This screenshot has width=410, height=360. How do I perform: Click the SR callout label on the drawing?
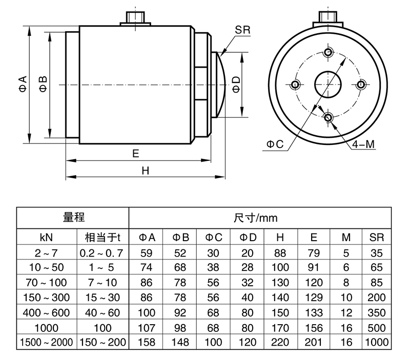point(242,29)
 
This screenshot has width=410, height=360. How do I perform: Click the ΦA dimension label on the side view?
point(23,84)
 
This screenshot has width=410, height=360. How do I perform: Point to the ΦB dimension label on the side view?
point(44,84)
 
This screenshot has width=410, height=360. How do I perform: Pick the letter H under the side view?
point(145,171)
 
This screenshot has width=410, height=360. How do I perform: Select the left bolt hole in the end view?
point(295,84)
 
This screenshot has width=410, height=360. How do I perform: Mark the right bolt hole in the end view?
point(361,84)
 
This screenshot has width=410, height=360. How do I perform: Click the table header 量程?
point(73,218)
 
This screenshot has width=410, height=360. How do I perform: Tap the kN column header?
point(47,238)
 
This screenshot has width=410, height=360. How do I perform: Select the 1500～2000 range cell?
point(47,342)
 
